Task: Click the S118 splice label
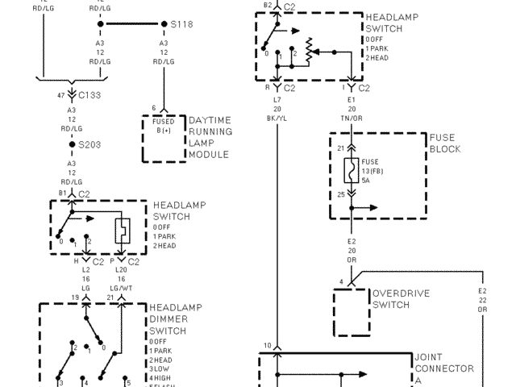point(182,24)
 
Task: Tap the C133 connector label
point(91,94)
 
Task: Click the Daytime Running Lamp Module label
point(210,137)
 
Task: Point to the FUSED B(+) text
point(164,126)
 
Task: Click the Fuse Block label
point(445,144)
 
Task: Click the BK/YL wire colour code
point(277,118)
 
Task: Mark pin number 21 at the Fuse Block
point(341,148)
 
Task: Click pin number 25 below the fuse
point(341,194)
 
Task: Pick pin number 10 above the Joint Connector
point(267,346)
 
